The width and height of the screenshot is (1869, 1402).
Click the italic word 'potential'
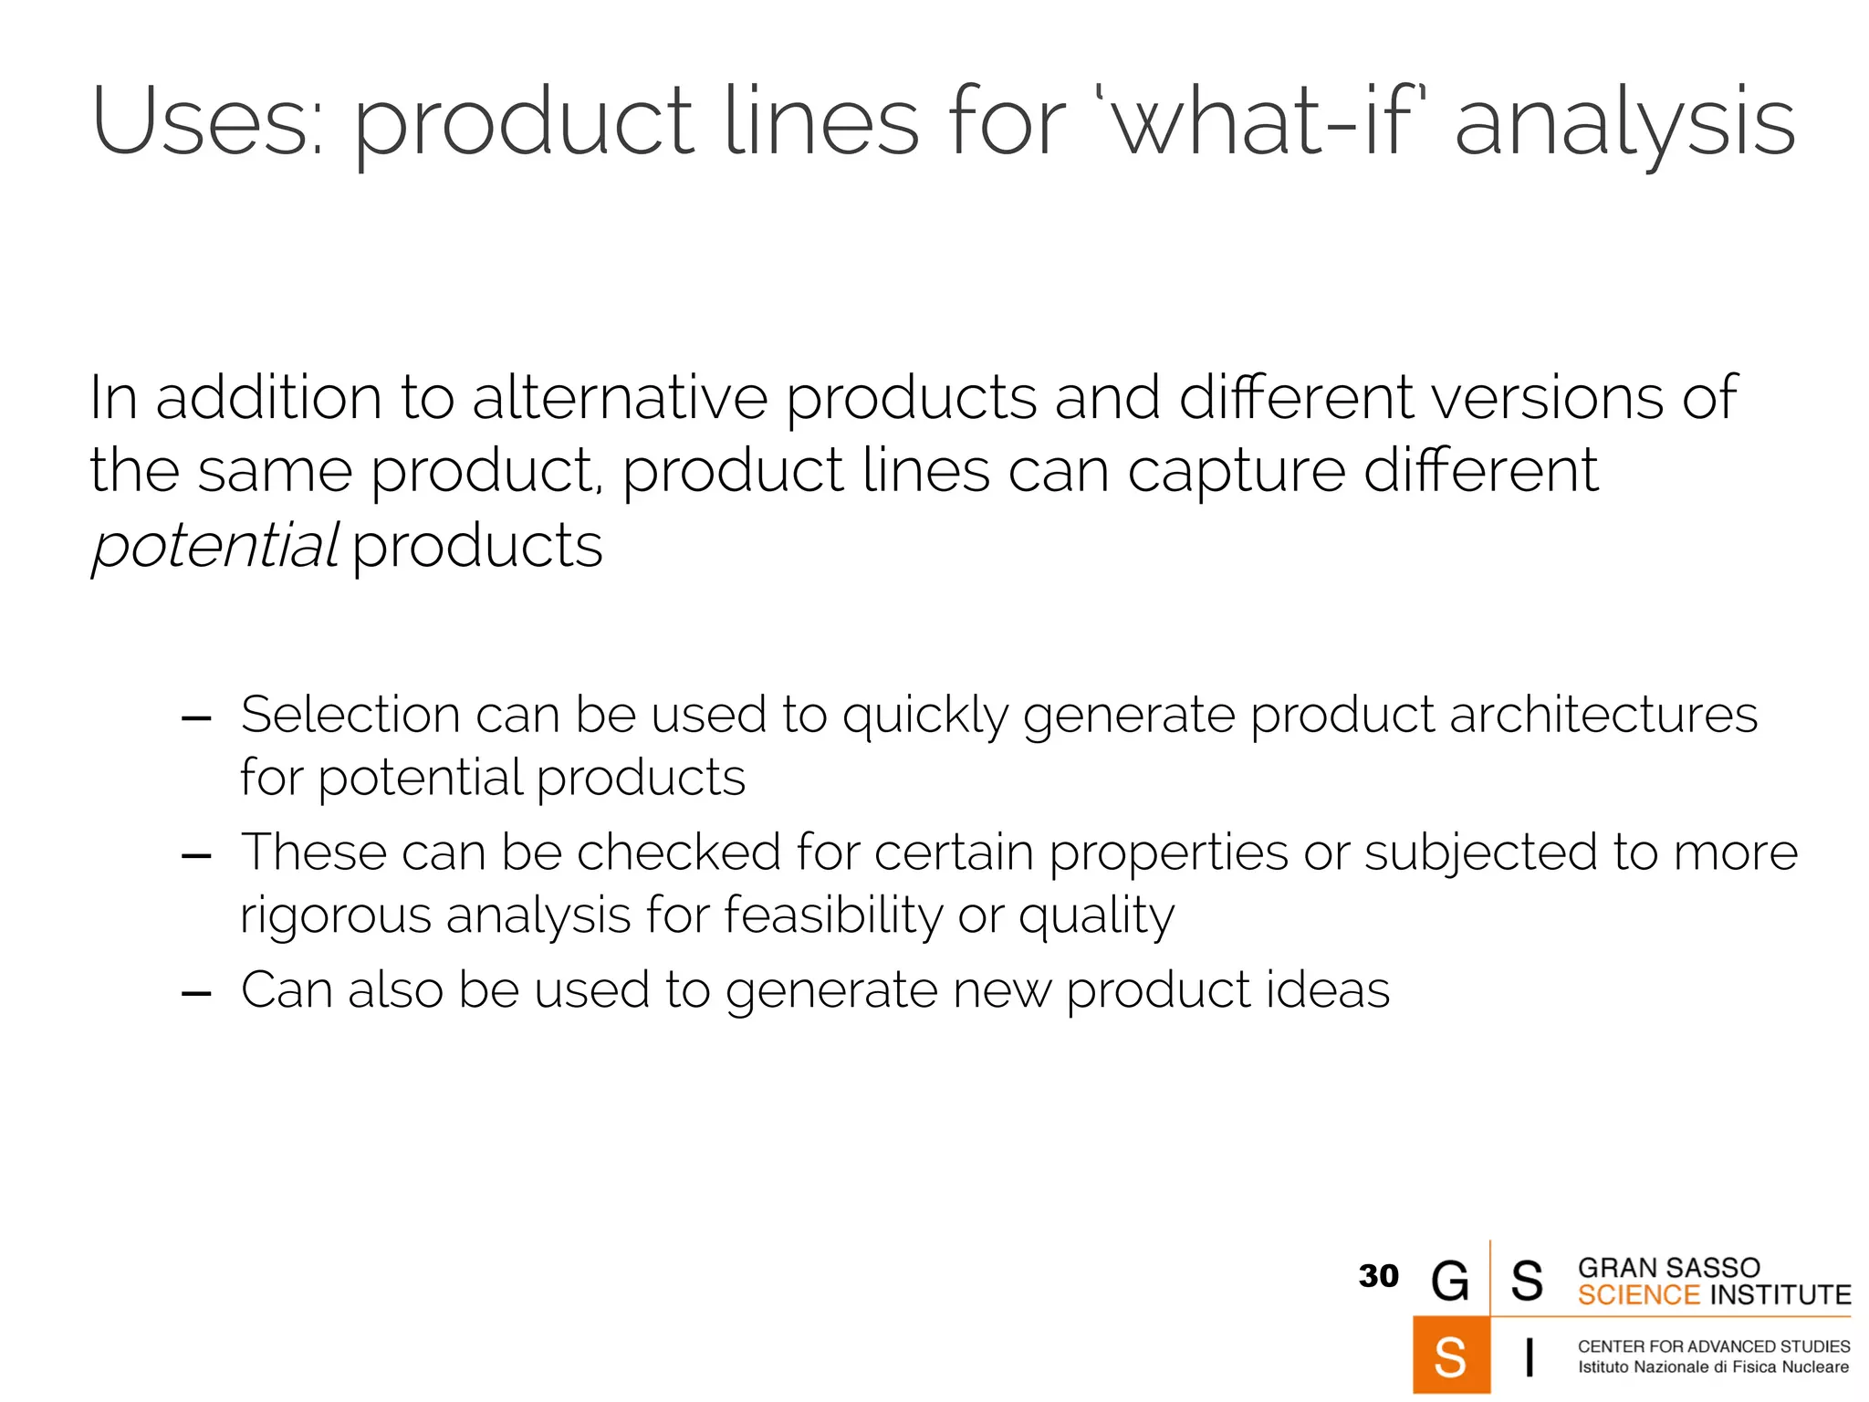click(215, 546)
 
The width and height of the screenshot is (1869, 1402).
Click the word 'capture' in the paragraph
click(1237, 472)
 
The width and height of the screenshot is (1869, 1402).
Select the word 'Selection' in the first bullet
click(350, 714)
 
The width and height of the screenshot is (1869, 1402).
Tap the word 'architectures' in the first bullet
click(1603, 714)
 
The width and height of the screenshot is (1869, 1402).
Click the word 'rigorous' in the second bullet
click(335, 916)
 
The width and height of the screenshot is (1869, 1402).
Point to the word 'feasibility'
click(832, 915)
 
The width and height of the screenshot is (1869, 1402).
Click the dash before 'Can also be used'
click(196, 993)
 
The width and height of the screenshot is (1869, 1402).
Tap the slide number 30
click(1378, 1276)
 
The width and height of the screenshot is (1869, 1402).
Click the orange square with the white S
click(1451, 1355)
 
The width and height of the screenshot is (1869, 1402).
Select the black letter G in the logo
click(1450, 1280)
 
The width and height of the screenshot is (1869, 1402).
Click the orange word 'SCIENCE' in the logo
click(1639, 1295)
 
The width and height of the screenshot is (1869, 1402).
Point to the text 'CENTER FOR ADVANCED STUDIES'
click(1714, 1346)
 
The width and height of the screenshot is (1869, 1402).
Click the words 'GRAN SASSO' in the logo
click(1668, 1268)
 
